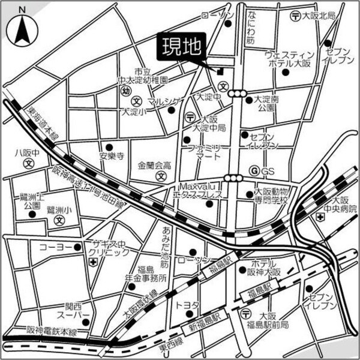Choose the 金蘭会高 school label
154,165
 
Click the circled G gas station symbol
254,170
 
